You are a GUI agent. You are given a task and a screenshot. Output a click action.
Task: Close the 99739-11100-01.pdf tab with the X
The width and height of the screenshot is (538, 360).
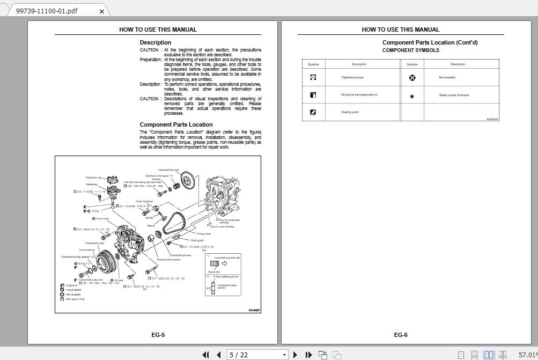[x=102, y=11]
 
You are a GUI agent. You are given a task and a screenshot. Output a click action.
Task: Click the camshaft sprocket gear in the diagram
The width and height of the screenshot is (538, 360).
[x=187, y=179]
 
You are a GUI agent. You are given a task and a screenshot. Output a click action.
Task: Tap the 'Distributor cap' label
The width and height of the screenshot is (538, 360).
[x=93, y=178]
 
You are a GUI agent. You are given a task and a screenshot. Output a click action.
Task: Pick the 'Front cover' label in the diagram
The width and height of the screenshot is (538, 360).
[x=102, y=219]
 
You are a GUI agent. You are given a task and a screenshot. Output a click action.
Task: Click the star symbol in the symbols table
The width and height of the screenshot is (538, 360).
[x=412, y=97]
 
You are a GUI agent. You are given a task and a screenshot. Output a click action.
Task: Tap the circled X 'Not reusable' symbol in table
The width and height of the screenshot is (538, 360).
[x=412, y=78]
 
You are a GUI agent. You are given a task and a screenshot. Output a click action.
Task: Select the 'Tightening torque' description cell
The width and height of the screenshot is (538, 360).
[x=352, y=77]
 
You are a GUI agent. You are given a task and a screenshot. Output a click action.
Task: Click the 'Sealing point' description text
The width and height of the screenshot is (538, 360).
[x=350, y=112]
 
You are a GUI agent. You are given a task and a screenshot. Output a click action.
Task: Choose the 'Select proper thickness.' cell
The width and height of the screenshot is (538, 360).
[x=454, y=95]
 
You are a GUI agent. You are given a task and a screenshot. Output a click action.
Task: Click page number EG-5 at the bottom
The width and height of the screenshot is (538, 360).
[x=158, y=335]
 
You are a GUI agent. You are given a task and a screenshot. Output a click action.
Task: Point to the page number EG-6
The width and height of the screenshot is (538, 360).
[x=401, y=335]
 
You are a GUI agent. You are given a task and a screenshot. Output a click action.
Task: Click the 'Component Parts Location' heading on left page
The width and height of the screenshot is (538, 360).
[x=176, y=124]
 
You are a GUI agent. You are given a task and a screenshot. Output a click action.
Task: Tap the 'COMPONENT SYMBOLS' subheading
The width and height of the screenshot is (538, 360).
[x=410, y=50]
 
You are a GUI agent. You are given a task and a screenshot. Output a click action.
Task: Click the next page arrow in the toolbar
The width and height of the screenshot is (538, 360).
[x=296, y=355]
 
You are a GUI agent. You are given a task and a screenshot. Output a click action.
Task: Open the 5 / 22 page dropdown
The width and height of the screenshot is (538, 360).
[x=284, y=355]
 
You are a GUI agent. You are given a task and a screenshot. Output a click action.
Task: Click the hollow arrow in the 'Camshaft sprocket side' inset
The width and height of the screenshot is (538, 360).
[x=224, y=263]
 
